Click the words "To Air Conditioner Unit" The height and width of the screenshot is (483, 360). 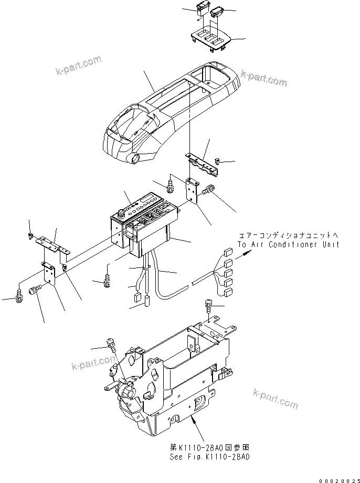pos(288,244)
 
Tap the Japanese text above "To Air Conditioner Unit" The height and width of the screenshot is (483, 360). pos(288,235)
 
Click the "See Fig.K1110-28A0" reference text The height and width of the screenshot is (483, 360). pos(209,457)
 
